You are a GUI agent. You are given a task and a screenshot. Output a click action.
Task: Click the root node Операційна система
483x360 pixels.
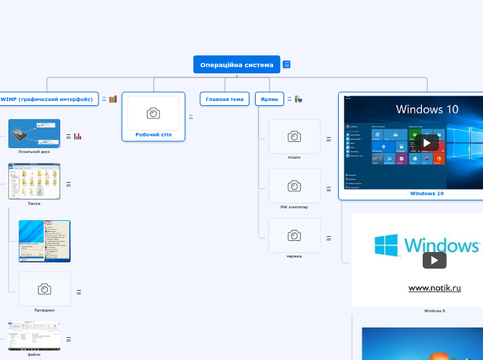click(236, 64)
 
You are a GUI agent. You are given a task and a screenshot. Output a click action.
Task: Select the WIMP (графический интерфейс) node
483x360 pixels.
click(47, 99)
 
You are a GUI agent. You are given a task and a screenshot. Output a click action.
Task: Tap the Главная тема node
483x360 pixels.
click(225, 99)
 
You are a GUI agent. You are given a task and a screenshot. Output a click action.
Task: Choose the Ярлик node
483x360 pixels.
click(268, 99)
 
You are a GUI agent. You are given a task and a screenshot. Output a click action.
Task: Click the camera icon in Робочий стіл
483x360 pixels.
click(153, 113)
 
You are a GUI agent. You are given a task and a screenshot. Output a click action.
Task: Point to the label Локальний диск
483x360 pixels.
click(34, 151)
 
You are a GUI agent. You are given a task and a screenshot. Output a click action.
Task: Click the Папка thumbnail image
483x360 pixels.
click(34, 181)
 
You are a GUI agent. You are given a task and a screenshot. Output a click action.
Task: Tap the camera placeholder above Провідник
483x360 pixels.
click(44, 289)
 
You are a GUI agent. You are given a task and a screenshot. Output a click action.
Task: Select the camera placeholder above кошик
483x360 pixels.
click(295, 136)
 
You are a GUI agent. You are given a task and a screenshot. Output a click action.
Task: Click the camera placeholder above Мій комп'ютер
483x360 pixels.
click(295, 186)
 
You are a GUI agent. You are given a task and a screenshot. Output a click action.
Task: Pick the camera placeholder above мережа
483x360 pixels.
click(295, 235)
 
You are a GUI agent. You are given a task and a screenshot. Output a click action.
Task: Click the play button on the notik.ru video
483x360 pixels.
click(434, 260)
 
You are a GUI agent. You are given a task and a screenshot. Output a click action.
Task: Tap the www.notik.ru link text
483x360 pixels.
click(434, 288)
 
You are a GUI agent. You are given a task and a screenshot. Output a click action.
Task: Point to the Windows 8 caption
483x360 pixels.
click(434, 311)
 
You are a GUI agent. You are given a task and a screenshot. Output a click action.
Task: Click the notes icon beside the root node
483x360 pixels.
click(287, 64)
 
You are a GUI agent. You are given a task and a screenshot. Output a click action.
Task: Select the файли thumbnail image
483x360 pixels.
click(34, 336)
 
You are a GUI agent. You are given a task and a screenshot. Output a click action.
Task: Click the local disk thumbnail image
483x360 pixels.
click(34, 134)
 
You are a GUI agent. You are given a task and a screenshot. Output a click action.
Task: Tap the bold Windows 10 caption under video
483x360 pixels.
click(427, 194)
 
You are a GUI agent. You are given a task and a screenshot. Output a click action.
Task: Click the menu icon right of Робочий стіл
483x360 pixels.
click(191, 116)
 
